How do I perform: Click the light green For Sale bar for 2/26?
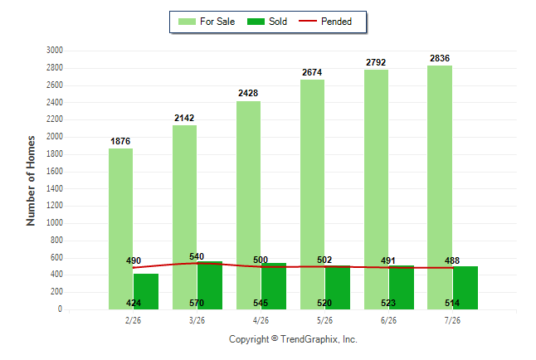click(x=120, y=229)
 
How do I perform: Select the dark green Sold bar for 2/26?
click(x=146, y=291)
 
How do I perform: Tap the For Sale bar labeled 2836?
click(x=440, y=187)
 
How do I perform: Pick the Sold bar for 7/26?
click(x=465, y=288)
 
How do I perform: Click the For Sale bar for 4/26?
click(x=248, y=205)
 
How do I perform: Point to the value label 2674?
click(x=312, y=72)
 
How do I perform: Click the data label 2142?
click(x=184, y=118)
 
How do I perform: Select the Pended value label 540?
click(x=197, y=256)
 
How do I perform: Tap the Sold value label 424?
click(x=134, y=303)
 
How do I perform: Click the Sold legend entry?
click(x=267, y=22)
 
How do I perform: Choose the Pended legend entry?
click(x=325, y=22)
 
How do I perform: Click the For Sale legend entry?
click(x=207, y=22)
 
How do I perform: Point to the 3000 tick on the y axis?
click(x=55, y=51)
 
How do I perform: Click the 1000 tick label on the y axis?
click(x=55, y=222)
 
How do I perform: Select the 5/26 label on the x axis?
click(x=324, y=320)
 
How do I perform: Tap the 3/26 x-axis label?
click(x=197, y=320)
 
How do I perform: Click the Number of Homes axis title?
click(x=31, y=181)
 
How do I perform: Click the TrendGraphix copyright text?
click(x=293, y=339)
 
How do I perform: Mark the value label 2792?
click(x=376, y=62)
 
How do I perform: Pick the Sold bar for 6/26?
click(x=402, y=287)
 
